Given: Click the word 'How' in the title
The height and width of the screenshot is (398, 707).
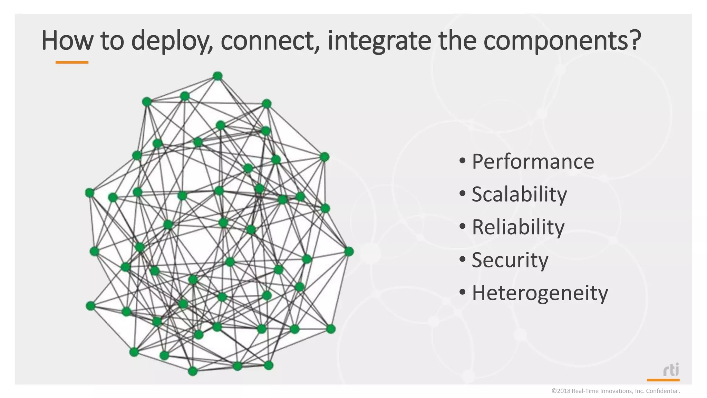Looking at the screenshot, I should coord(67,40).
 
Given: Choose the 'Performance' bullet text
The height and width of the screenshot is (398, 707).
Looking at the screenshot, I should coord(533,162).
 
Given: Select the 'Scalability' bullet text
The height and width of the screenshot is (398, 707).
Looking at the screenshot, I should coord(519,194).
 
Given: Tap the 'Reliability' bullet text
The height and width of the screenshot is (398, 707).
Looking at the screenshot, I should coord(518,227).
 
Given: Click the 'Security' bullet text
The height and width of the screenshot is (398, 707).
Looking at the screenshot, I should coord(510,260).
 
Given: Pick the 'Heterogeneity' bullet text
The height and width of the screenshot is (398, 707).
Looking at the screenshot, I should coord(540,293).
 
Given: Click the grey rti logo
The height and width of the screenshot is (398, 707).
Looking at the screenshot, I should coord(671,370).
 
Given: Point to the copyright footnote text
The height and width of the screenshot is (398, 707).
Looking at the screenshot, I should coord(616,391).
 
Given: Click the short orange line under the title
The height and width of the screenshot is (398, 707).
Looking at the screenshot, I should coord(72,63).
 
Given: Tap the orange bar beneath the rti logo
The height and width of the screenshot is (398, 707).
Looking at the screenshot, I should coord(663,380).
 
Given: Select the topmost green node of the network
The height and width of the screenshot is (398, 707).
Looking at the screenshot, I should coord(217,76).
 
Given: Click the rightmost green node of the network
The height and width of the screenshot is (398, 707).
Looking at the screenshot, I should coord(349,252).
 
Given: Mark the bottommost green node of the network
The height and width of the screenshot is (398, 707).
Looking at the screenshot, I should coord(193,371).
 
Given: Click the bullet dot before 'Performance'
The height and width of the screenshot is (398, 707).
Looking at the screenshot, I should coord(463,161).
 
